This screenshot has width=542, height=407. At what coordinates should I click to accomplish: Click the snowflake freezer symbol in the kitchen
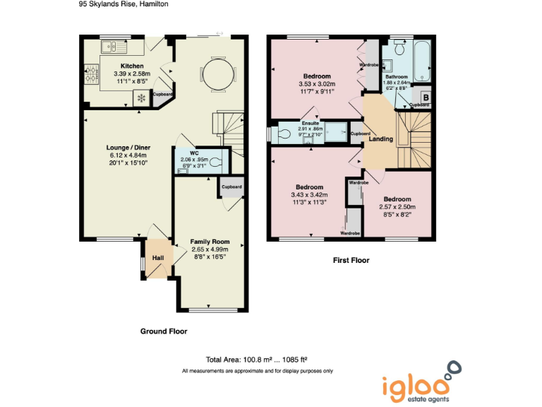[x=141, y=98]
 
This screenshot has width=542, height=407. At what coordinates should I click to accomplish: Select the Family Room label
[x=210, y=242]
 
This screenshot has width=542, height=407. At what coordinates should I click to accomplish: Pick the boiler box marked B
[x=426, y=97]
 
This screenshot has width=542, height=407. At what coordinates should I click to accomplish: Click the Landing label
[x=381, y=139]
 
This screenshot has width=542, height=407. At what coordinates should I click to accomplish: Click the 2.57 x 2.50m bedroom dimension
[x=397, y=207]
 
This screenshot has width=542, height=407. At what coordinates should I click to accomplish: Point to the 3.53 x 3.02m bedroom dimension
[x=317, y=83]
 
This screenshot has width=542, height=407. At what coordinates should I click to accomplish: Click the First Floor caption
[x=351, y=261]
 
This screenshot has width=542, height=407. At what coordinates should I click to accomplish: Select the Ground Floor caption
[x=163, y=331]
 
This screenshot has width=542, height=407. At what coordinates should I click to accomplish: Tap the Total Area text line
[x=257, y=359]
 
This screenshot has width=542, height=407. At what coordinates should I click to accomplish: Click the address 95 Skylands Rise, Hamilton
[x=124, y=4]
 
